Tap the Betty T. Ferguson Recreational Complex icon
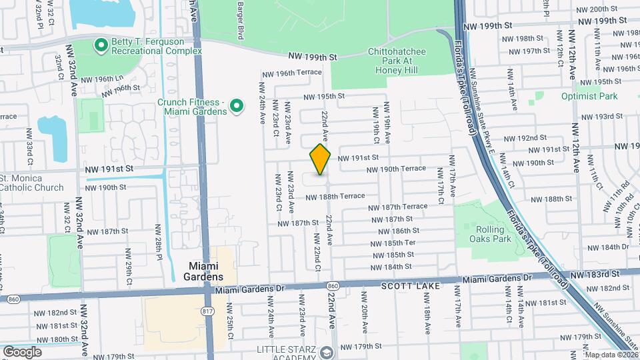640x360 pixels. point(101,45)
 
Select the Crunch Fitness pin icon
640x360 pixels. point(235,105)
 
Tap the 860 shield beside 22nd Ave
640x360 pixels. point(333,285)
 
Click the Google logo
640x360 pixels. point(22,351)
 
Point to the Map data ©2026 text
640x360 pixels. point(611,355)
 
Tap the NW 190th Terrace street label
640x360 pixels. point(397,169)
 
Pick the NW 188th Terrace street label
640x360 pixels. point(335,196)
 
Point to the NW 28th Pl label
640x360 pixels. point(159,240)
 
